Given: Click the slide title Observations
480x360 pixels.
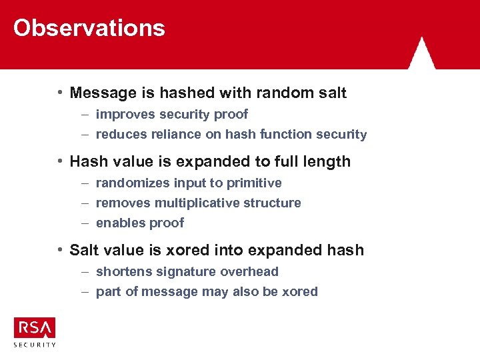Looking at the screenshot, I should point(89,28).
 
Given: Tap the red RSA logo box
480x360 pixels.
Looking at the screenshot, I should point(35,327).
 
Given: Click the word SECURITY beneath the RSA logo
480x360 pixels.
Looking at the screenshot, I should point(35,345).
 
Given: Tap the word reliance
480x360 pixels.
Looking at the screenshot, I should point(168,134).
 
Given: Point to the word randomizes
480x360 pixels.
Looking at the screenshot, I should point(133,183).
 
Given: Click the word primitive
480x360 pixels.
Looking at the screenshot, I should point(253,183).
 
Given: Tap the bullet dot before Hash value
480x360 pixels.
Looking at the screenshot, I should point(61,161).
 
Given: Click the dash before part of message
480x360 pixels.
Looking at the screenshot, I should point(85,291).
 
